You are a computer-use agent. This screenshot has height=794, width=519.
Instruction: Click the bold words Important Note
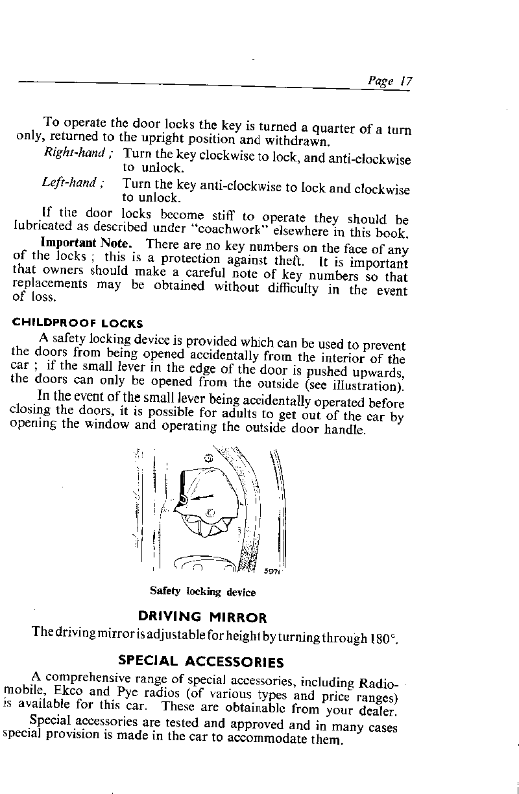point(86,244)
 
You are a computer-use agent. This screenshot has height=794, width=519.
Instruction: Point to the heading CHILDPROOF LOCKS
point(78,323)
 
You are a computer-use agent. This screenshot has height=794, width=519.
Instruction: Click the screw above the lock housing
point(208,458)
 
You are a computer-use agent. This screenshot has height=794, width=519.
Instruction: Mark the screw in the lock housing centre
point(210,513)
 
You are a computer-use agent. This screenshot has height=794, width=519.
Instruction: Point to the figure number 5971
point(272,570)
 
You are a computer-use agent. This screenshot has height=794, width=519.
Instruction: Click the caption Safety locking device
point(202,592)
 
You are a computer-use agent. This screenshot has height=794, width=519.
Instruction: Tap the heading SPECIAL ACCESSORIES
point(201,662)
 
